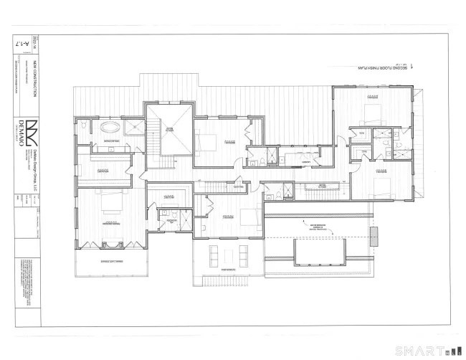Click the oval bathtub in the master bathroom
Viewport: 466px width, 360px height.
pos(110,127)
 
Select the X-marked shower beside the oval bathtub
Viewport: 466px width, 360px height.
pos(133,127)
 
